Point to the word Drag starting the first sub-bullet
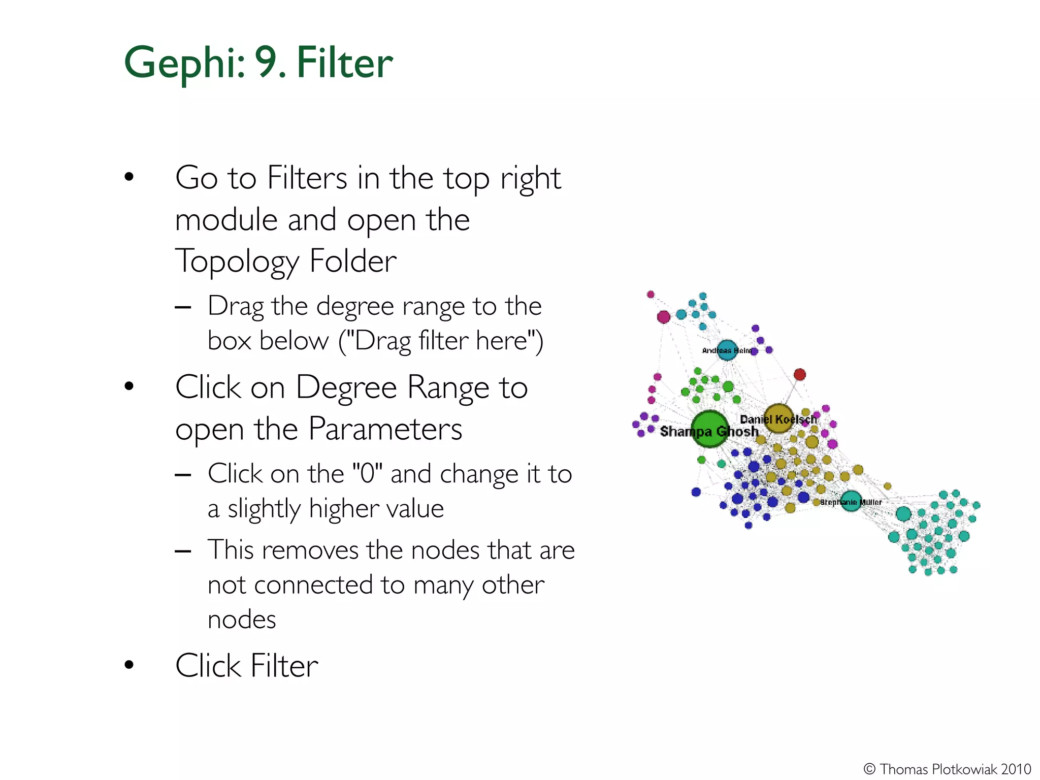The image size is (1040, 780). click(x=236, y=307)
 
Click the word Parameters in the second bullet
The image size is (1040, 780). click(x=385, y=430)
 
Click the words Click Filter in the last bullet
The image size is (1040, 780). click(x=247, y=666)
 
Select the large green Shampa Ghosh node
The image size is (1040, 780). click(x=709, y=430)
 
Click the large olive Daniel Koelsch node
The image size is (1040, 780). click(x=778, y=418)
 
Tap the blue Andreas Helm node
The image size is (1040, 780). click(x=727, y=350)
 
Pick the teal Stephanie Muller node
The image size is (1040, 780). click(x=851, y=501)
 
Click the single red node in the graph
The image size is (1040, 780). click(x=800, y=375)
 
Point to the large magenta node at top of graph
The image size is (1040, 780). click(x=664, y=317)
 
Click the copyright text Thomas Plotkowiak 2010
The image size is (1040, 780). click(x=948, y=769)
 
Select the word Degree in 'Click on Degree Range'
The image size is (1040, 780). click(x=346, y=388)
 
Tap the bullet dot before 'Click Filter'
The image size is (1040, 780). click(x=129, y=665)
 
